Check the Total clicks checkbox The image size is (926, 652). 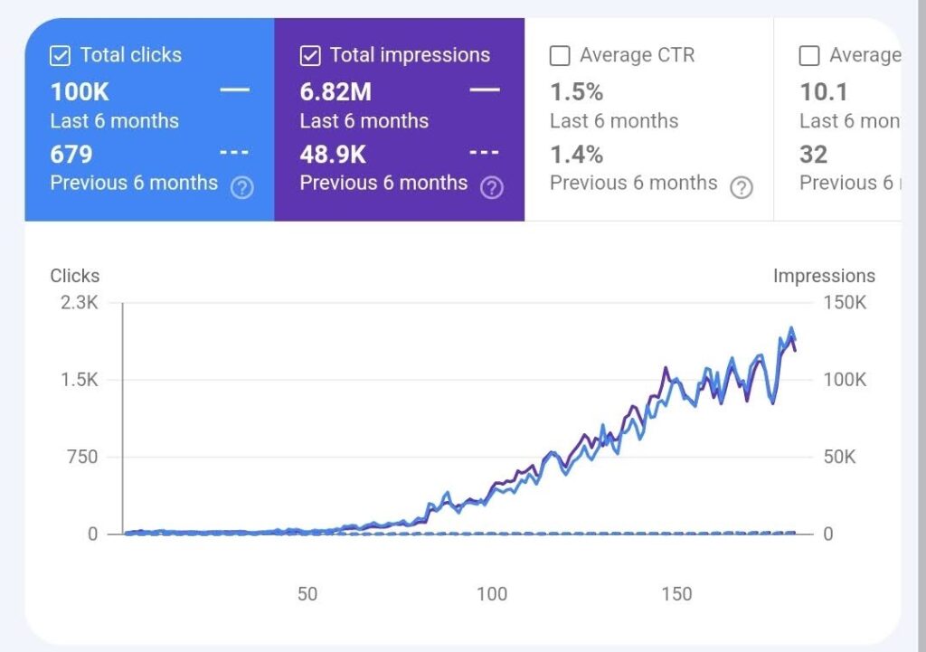coord(60,56)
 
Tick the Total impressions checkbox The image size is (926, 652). coord(310,56)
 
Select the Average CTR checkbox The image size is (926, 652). coord(560,56)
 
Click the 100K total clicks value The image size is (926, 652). coord(79,91)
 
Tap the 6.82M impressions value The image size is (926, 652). coord(335,91)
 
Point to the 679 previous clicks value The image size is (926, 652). coord(71,154)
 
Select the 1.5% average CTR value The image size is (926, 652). coord(577,91)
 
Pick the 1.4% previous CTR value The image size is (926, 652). coord(577,154)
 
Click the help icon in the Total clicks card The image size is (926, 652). coord(241,188)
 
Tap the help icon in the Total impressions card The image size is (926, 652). coord(491,188)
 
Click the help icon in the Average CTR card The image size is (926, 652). coord(742,188)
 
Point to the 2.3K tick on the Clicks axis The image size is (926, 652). coord(80,302)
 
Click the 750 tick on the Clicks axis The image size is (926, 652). coord(80,457)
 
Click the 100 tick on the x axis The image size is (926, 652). coord(492,594)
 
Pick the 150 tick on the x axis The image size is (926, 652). coord(676,594)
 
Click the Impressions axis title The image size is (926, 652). coord(824,276)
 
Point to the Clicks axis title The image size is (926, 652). coord(75,276)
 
